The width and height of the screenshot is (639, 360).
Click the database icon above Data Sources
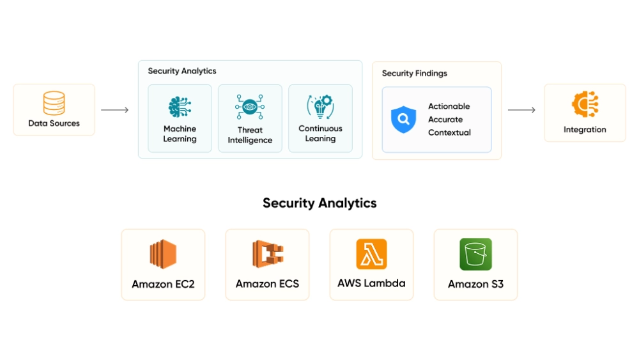(x=54, y=103)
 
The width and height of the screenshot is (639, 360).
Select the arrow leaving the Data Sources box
(x=115, y=110)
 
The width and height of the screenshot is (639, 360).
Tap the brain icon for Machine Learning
(x=180, y=107)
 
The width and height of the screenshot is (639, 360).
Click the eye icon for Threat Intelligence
(x=250, y=107)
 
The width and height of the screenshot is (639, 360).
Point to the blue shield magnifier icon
(x=403, y=119)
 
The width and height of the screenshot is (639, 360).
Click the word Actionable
(x=449, y=106)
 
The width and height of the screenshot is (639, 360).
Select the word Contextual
(x=449, y=132)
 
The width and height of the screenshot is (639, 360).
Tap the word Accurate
(x=445, y=120)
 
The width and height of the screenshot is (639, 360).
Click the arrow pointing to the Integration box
(x=521, y=110)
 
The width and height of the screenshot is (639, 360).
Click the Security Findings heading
(x=414, y=74)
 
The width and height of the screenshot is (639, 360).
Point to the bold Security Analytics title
(x=319, y=203)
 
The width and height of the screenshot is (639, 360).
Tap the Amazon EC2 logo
(x=163, y=254)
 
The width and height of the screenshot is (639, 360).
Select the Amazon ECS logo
(x=267, y=254)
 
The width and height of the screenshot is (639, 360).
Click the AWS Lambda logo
(x=371, y=254)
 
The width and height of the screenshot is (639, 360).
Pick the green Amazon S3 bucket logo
(x=475, y=254)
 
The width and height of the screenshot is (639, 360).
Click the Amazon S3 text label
(x=475, y=284)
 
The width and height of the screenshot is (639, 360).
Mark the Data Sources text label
(x=54, y=123)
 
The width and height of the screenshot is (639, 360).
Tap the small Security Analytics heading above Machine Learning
(x=182, y=71)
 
